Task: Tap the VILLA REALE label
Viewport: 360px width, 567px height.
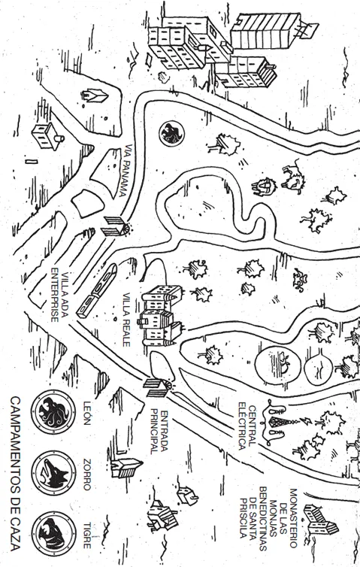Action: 126,320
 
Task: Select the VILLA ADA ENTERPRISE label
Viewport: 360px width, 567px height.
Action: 59,295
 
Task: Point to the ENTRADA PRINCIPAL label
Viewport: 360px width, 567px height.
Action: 159,432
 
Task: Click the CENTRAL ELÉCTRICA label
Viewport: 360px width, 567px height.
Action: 247,426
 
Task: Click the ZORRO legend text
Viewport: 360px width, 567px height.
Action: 87,474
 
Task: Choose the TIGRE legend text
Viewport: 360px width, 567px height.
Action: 87,535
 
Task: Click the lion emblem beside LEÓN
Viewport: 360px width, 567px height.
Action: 53,412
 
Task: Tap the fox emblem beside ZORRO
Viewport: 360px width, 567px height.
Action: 53,473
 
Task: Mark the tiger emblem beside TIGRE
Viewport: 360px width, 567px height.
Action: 53,534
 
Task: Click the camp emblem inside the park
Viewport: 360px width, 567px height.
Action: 171,134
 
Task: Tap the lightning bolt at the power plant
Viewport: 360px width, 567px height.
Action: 304,420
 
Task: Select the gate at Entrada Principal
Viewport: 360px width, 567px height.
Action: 159,387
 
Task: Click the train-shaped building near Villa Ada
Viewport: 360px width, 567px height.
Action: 96,290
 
